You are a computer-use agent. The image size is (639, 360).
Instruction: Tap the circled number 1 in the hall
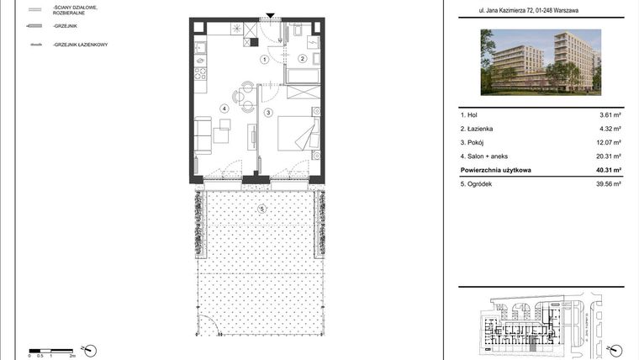click(x=264, y=60)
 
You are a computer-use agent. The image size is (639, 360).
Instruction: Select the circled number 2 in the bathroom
click(x=303, y=59)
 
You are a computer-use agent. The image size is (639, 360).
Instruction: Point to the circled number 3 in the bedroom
click(x=268, y=112)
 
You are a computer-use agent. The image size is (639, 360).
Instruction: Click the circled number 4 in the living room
click(x=224, y=108)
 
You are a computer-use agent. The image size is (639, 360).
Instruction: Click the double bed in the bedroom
click(x=298, y=132)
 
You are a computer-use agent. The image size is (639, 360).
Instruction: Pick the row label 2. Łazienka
click(x=477, y=129)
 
